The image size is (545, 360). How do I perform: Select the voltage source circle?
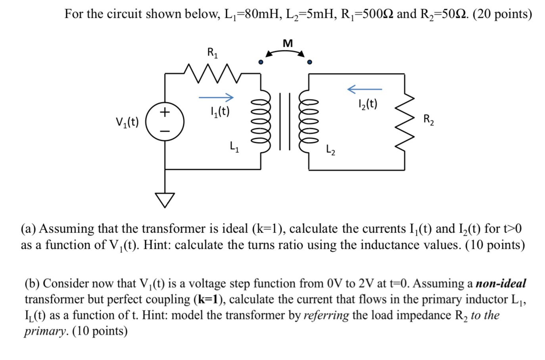click(165, 121)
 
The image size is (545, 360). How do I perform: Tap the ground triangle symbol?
click(165, 200)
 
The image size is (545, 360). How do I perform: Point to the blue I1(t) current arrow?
click(216, 97)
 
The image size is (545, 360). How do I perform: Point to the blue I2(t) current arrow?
click(365, 89)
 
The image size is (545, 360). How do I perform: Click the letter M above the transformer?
click(288, 43)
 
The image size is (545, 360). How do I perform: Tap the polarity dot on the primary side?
click(261, 62)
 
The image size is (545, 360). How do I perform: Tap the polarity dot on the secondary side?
click(310, 62)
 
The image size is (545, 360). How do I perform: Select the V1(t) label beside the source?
click(127, 121)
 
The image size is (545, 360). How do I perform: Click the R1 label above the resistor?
click(212, 52)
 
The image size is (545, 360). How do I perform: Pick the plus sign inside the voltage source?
click(165, 112)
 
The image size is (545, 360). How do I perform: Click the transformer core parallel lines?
click(285, 121)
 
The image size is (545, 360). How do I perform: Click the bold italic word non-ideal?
click(501, 283)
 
